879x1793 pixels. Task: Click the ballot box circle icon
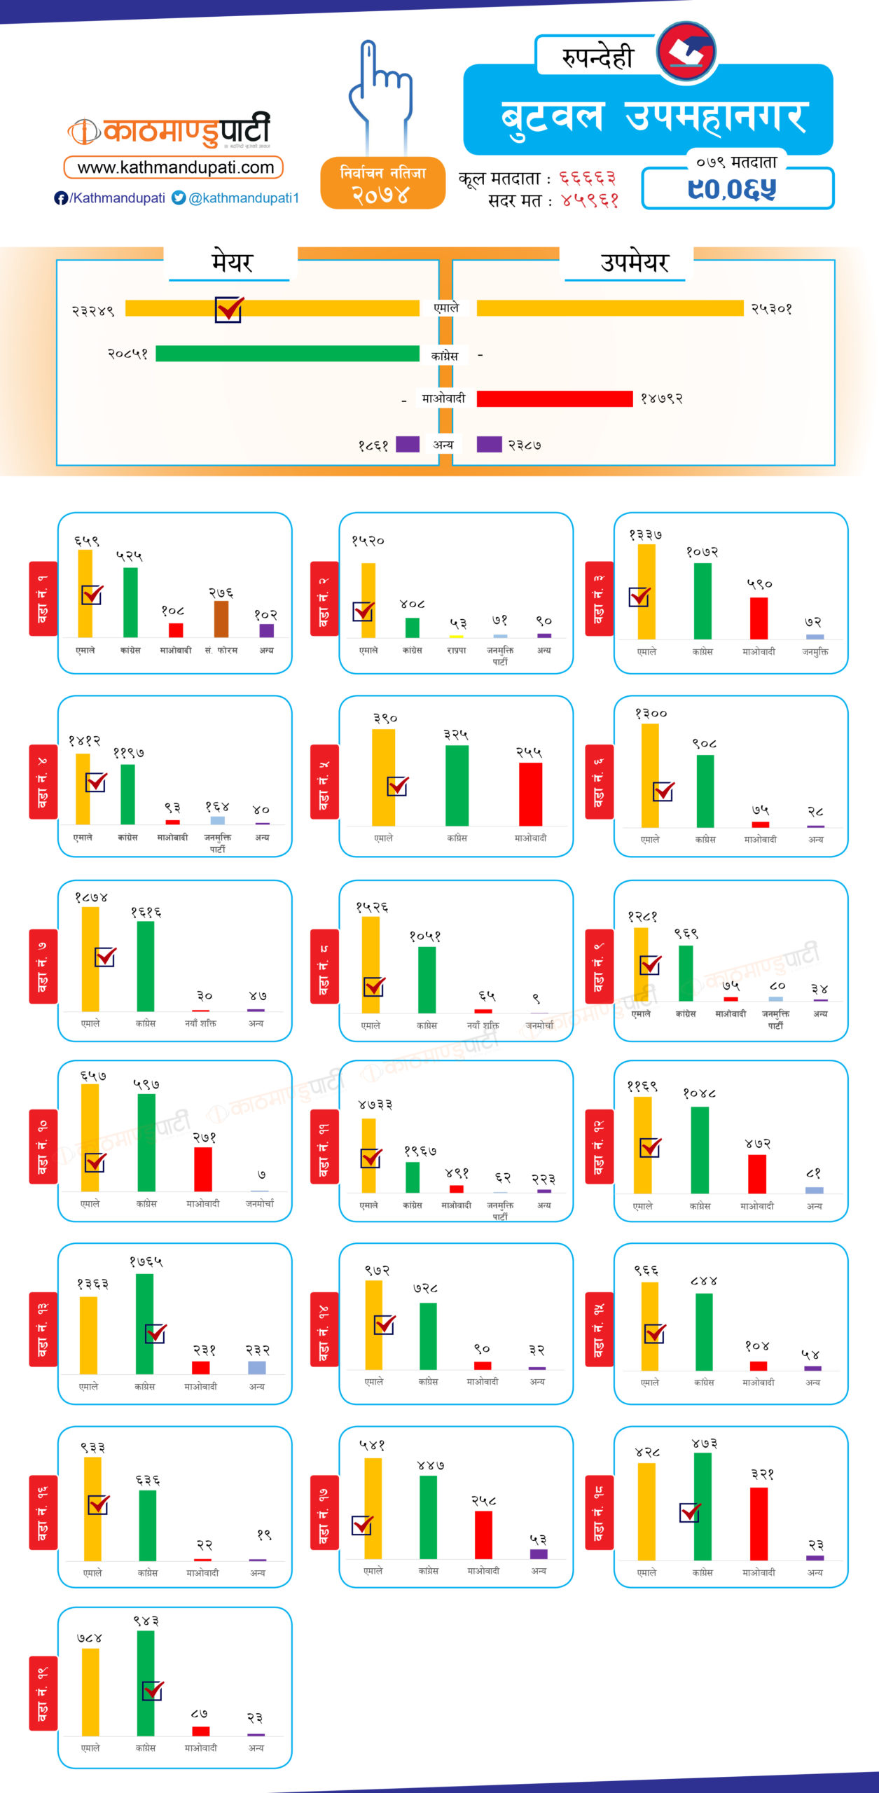click(x=686, y=51)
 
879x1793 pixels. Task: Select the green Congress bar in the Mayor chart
click(x=287, y=354)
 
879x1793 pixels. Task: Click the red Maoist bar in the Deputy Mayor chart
click(x=554, y=399)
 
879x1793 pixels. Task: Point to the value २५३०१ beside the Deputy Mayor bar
click(x=771, y=309)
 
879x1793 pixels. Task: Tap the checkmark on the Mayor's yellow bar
click(x=229, y=309)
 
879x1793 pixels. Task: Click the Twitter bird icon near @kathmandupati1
click(x=179, y=198)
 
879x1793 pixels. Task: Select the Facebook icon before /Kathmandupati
click(x=61, y=198)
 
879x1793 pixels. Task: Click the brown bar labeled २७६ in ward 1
click(x=221, y=619)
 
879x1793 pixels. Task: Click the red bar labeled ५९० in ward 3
click(x=759, y=618)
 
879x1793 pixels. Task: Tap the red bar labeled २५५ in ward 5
click(x=530, y=794)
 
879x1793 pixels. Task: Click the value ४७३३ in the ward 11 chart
click(x=375, y=1105)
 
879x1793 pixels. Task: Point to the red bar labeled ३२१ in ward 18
click(x=759, y=1523)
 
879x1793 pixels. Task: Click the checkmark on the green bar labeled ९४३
click(x=153, y=1691)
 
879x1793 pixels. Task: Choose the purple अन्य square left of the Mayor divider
click(x=408, y=444)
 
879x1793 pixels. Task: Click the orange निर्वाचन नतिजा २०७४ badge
click(x=382, y=184)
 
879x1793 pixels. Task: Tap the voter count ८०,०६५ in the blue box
click(x=732, y=189)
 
